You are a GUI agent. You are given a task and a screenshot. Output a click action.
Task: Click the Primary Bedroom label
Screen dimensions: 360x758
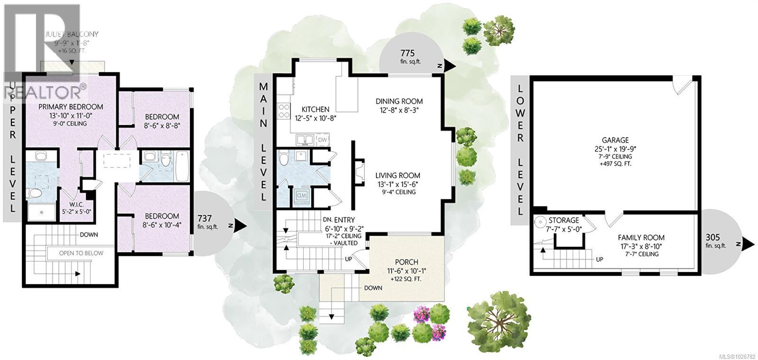(x=71, y=107)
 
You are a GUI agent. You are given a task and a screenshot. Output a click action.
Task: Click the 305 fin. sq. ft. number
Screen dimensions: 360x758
(x=713, y=237)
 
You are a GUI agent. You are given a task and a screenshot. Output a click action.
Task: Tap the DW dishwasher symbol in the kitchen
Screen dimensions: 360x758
(x=322, y=140)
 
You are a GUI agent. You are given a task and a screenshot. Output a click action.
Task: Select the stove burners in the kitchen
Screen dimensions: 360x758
(x=283, y=110)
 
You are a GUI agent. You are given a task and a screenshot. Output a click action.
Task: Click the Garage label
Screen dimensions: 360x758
(x=615, y=140)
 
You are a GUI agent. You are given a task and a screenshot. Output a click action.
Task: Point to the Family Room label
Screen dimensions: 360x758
(x=641, y=238)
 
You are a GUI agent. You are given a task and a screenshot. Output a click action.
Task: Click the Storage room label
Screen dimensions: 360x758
(x=564, y=220)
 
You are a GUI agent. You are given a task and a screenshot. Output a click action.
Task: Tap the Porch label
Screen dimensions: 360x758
(x=406, y=262)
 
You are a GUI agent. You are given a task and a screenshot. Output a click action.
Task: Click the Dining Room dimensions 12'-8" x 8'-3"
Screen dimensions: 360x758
(x=399, y=110)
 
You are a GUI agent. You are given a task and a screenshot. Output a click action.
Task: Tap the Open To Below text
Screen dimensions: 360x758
(x=81, y=253)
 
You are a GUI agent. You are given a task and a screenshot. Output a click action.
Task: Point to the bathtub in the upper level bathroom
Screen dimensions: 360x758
(x=182, y=166)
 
